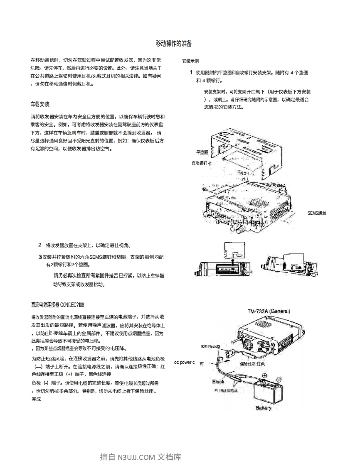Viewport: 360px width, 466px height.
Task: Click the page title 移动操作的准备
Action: [x=174, y=44]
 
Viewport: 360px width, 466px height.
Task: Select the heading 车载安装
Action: [x=40, y=104]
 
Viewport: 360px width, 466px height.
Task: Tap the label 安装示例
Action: [x=190, y=61]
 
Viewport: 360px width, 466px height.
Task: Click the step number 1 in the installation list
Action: [x=191, y=72]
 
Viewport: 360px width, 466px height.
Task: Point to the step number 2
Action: [x=40, y=245]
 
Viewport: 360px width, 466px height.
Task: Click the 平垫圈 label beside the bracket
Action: [x=202, y=152]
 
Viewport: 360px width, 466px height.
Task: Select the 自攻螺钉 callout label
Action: [x=201, y=163]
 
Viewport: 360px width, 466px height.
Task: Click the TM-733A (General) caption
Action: [x=269, y=311]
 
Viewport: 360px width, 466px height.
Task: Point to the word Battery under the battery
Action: [x=264, y=407]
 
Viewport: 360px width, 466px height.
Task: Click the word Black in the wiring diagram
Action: [x=218, y=381]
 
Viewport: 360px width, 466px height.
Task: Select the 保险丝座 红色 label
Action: [x=252, y=364]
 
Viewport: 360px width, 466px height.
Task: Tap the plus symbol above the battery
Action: [x=264, y=377]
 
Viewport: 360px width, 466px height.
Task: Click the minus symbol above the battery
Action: [x=279, y=379]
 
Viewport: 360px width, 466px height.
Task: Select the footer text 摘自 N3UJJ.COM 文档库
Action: [x=141, y=457]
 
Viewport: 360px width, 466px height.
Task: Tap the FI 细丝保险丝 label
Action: [x=226, y=390]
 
